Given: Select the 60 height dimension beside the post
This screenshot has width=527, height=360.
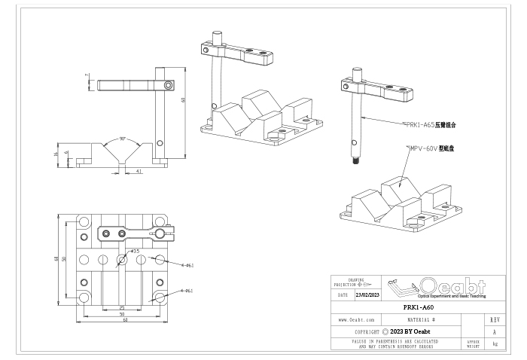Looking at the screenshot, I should coord(182,99).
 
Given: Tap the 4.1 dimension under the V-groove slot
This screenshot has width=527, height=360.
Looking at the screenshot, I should coord(140,172).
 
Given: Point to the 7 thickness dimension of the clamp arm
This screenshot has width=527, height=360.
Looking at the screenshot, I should coord(87,75).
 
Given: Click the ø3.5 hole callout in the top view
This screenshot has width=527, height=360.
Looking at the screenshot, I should coord(135,250).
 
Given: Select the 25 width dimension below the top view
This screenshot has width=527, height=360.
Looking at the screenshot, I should coord(122,307).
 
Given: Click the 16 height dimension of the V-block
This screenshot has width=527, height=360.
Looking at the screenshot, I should coord(58,154).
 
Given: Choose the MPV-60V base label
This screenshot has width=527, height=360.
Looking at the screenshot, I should coord(432,149).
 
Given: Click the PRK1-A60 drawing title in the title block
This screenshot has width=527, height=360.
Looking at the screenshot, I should coord(418,307).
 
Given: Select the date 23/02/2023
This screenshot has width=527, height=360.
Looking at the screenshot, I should coord(368,295).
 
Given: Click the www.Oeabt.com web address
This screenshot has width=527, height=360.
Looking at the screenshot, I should coord(357,319).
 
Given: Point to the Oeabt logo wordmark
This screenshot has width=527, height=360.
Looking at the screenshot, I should coord(452,286).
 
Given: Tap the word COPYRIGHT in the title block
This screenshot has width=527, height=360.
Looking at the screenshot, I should coord(367,331).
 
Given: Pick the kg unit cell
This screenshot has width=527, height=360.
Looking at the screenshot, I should coord(494,343).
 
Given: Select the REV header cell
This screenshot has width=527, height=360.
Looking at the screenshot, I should coord(494,319).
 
